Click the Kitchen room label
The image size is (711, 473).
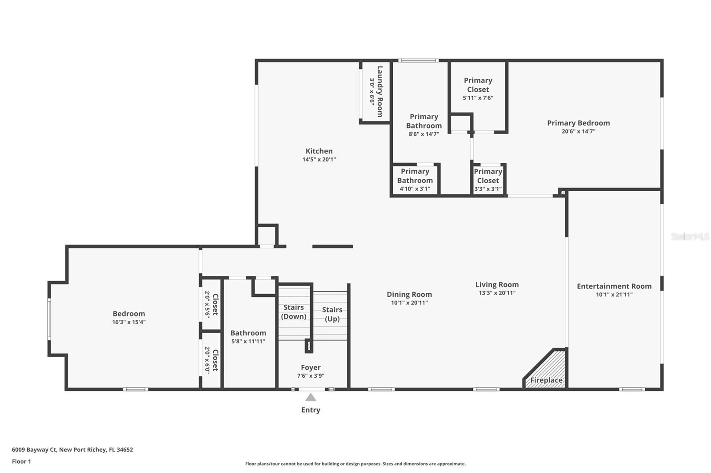[x=319, y=151]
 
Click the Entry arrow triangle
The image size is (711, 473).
[x=311, y=397]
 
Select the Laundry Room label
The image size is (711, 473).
[x=379, y=91]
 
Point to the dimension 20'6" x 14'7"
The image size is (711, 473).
[x=578, y=131]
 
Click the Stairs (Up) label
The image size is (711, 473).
[x=332, y=314]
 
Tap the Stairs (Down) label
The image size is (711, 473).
[x=293, y=312]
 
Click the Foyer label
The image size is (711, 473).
[x=310, y=367]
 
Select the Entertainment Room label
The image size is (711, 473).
[x=614, y=286]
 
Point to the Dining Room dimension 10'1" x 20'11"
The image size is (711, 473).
[x=409, y=303]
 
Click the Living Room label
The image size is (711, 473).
[x=497, y=284]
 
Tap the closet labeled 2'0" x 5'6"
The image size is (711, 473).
[x=211, y=304]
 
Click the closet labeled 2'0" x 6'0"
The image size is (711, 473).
[x=211, y=360]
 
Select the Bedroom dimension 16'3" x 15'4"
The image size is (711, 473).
[x=128, y=322]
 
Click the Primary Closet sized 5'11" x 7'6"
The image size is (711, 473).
[x=478, y=89]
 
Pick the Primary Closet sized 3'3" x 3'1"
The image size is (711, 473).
[x=488, y=180]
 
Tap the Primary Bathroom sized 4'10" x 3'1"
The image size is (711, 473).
[x=415, y=180]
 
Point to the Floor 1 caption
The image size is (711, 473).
[x=21, y=461]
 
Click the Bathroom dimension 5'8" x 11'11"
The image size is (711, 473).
[x=248, y=341]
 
